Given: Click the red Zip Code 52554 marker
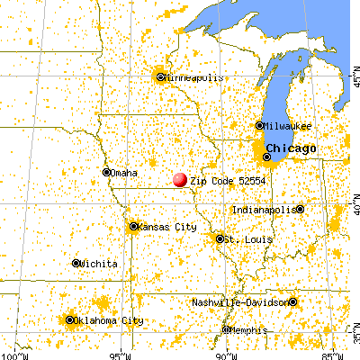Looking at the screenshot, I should click(180, 180).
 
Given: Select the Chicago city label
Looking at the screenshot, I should click(290, 148).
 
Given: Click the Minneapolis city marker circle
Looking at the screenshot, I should click(160, 76).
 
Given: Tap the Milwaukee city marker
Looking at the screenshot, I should click(259, 126).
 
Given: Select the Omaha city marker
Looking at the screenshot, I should click(106, 172).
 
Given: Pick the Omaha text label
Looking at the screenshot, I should click(124, 173).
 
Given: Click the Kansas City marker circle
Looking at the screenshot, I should click(133, 227).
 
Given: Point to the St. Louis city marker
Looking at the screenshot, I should click(220, 238).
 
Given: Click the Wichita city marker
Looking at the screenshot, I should click(76, 263).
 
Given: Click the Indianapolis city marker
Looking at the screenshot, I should click(300, 209).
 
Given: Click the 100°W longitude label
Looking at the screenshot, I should click(13, 355).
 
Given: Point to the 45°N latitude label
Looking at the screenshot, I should click(354, 81).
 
